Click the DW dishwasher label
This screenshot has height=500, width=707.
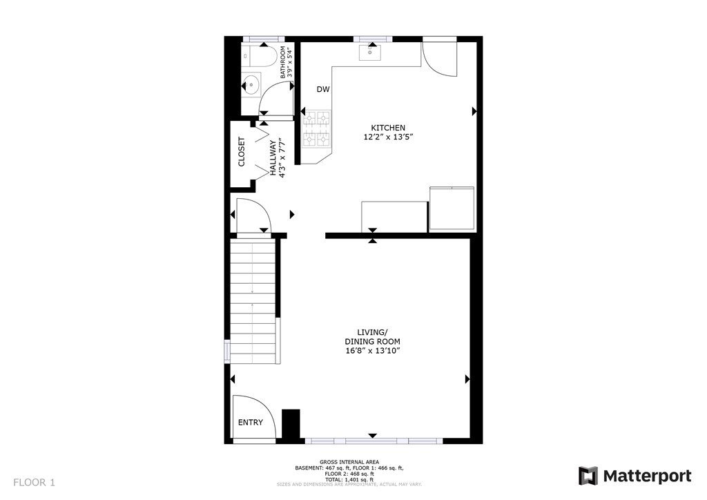(323, 89)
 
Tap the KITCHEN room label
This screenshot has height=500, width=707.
(388, 128)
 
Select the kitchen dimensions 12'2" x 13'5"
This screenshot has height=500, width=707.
(388, 137)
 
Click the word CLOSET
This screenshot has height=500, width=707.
(241, 151)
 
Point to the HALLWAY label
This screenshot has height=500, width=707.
(273, 157)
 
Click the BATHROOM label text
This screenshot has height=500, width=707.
(282, 62)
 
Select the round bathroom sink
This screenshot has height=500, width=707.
(250, 84)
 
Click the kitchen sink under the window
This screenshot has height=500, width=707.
(370, 52)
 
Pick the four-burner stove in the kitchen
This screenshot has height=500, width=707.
(316, 129)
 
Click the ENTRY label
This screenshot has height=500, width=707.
(250, 423)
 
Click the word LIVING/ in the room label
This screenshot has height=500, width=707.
(372, 332)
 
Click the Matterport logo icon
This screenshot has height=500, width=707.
(588, 476)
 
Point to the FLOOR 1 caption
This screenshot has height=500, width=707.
(35, 483)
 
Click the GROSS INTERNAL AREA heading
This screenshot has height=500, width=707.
(349, 462)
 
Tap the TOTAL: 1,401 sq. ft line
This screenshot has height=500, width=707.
(349, 480)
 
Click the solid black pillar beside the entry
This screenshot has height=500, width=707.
(291, 424)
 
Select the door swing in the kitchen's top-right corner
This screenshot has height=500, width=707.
(440, 59)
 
